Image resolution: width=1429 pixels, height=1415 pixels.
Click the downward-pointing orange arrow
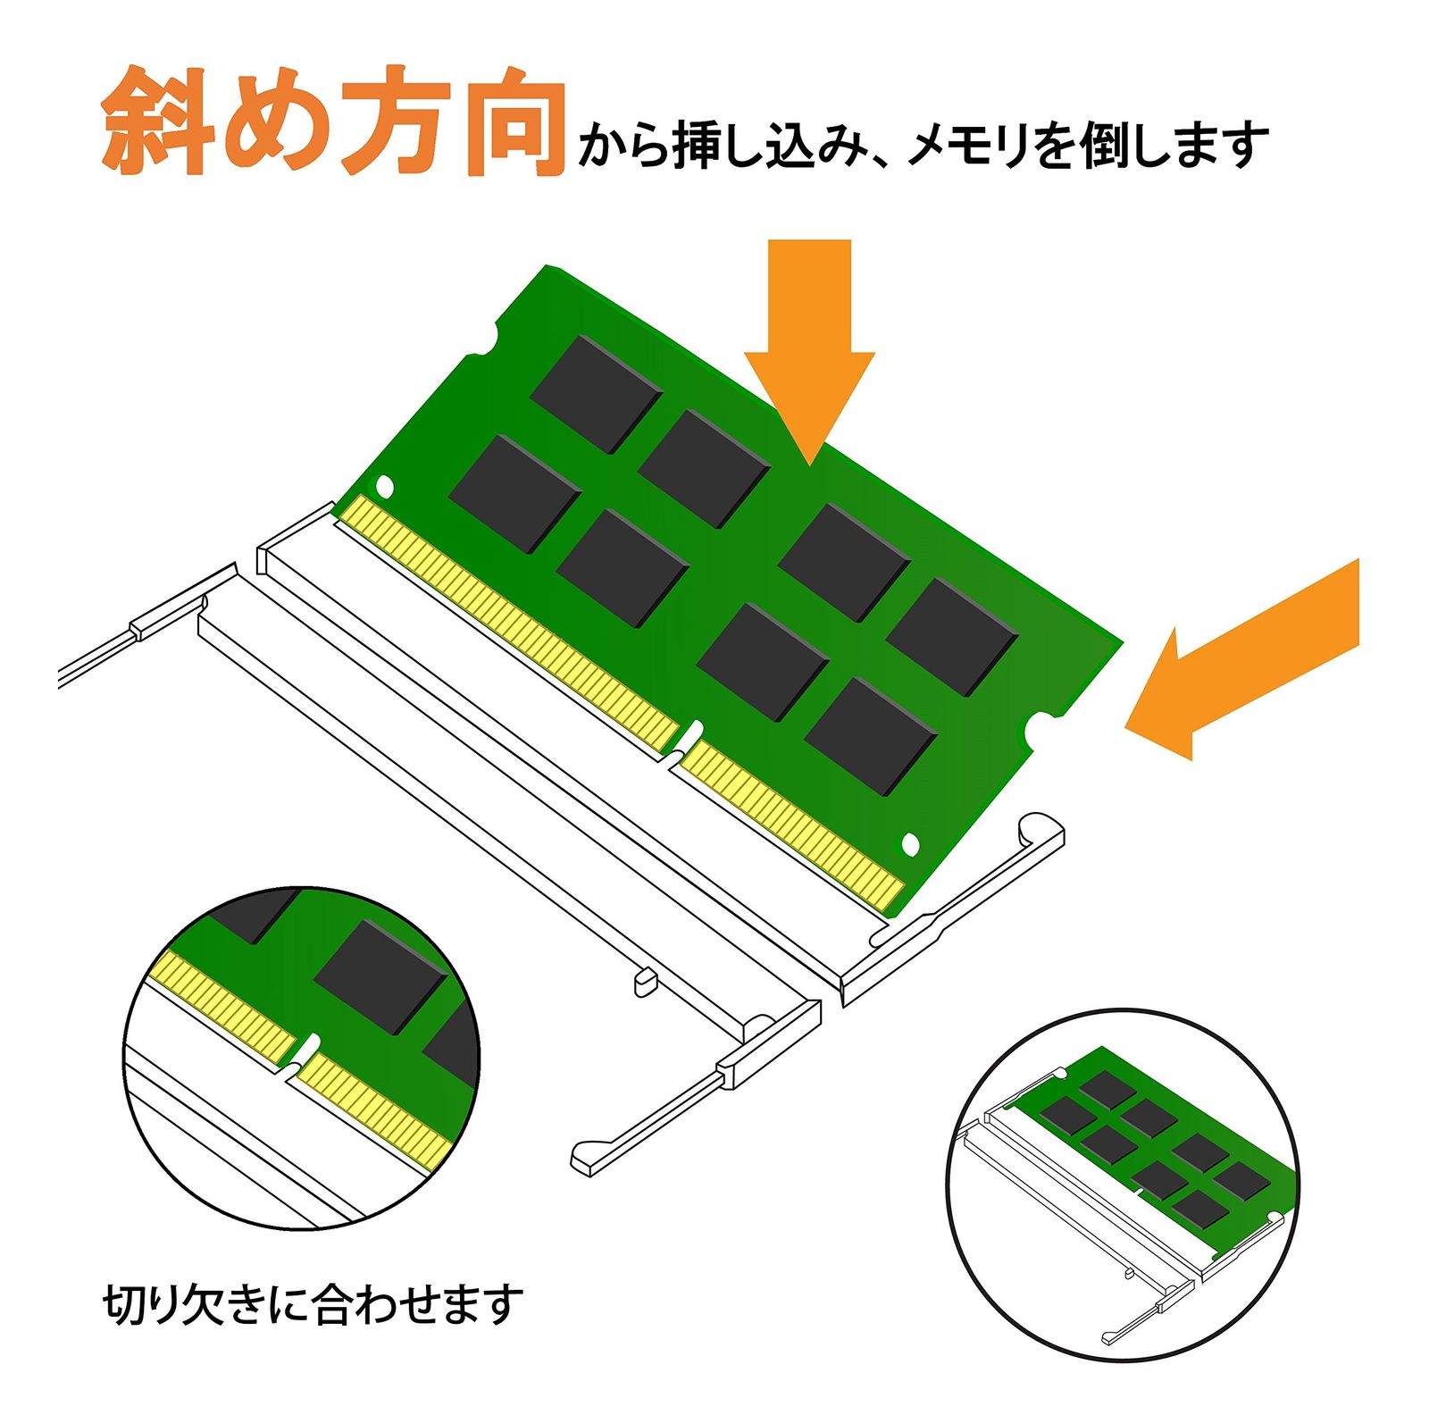point(809,348)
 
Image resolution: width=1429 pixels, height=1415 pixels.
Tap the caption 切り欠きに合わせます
point(313,1304)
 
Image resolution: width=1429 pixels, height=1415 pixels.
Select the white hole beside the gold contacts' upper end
point(385,487)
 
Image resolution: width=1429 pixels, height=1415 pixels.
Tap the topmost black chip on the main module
point(596,393)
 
